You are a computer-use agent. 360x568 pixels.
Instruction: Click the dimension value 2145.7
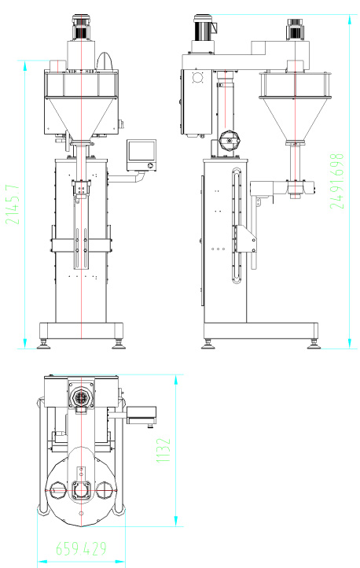[13, 205]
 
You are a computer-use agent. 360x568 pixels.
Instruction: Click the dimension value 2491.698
[337, 181]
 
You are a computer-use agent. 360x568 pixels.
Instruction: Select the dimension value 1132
[163, 450]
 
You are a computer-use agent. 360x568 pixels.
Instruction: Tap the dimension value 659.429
[82, 548]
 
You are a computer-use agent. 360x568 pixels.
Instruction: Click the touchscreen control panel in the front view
[141, 155]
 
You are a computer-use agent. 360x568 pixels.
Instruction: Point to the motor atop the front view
[82, 28]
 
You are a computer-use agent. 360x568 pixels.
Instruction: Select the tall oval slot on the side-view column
[237, 225]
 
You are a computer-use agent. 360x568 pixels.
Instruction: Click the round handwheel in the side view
[230, 141]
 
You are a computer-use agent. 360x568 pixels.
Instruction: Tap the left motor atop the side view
[204, 28]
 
